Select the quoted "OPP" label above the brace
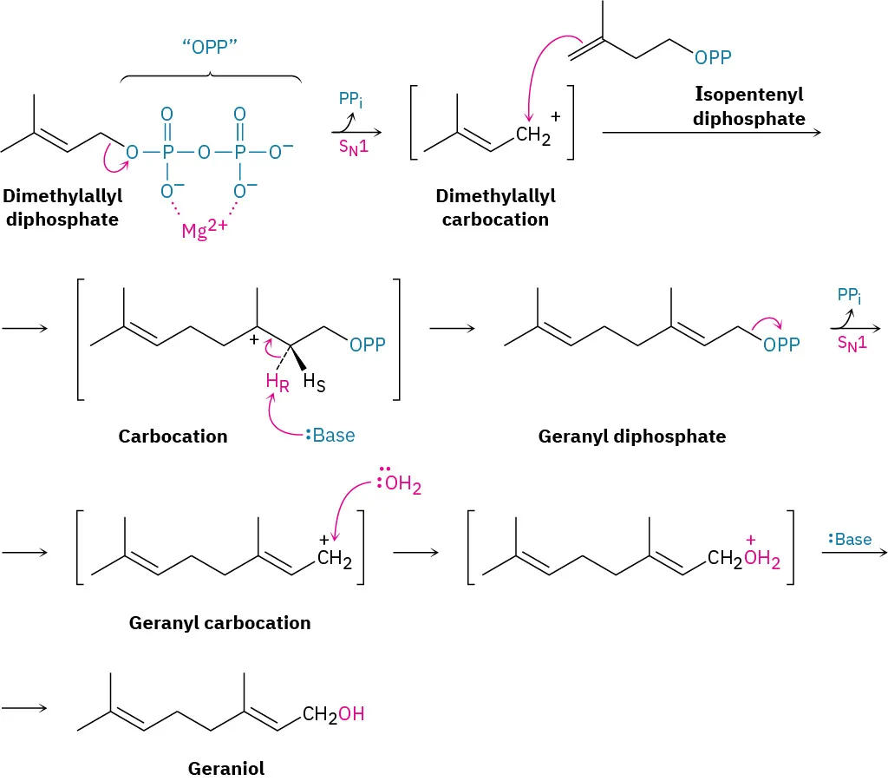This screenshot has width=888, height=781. coord(211,47)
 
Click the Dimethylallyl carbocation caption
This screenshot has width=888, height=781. coord(495,208)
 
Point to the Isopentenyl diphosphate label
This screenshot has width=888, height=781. coord(749,106)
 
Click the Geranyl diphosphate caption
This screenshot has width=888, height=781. coord(632,436)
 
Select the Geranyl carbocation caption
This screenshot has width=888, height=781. coord(219,622)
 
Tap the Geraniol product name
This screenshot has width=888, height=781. coord(225,768)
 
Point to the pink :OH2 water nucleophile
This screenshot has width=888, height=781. coord(398,485)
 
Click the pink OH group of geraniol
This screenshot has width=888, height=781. coord(351,714)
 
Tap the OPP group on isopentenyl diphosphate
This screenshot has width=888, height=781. coord(713,58)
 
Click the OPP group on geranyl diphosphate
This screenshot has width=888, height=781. coord(781,345)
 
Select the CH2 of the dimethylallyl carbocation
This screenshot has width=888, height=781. coord(532,135)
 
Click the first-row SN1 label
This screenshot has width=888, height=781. coord(354,148)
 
